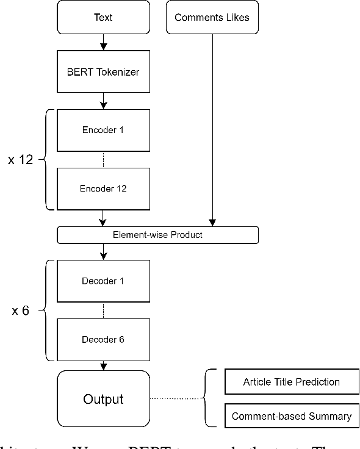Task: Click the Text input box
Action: click(x=103, y=18)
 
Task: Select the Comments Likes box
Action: click(x=212, y=18)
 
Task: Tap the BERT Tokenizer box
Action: click(x=103, y=72)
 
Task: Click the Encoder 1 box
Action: click(x=103, y=130)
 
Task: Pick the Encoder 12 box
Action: click(x=103, y=189)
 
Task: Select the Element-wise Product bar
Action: click(x=157, y=234)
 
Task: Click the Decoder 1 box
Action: click(x=103, y=281)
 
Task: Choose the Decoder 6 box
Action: click(x=103, y=339)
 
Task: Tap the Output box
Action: click(x=103, y=399)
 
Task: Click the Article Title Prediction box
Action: click(x=291, y=382)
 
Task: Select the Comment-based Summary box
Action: click(x=291, y=416)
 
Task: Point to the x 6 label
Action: click(x=21, y=311)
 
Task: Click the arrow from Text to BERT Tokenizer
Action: click(x=103, y=42)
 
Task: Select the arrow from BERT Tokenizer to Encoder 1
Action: click(x=103, y=99)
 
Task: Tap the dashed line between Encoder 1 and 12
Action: click(x=103, y=159)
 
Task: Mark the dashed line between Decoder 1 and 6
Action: click(x=103, y=310)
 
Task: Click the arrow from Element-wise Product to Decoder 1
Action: click(x=103, y=251)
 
